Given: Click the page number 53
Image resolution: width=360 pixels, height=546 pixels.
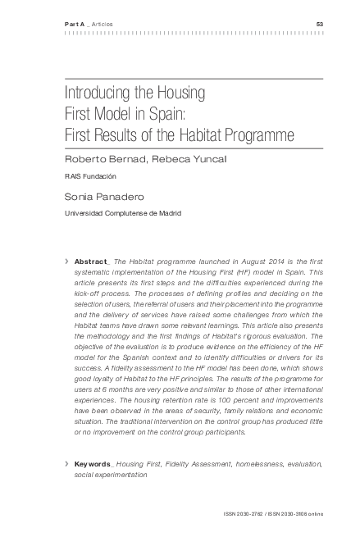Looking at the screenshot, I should point(320,24).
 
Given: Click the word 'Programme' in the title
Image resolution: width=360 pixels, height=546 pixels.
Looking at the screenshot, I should point(257,132).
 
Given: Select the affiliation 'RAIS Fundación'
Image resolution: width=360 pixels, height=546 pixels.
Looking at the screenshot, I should point(90,176).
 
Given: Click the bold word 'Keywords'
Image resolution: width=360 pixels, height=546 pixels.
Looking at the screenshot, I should point(92,464).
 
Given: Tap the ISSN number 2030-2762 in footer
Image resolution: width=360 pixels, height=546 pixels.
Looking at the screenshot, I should point(250,514).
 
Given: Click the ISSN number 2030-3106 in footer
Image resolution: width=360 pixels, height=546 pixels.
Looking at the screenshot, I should point(294,514).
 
